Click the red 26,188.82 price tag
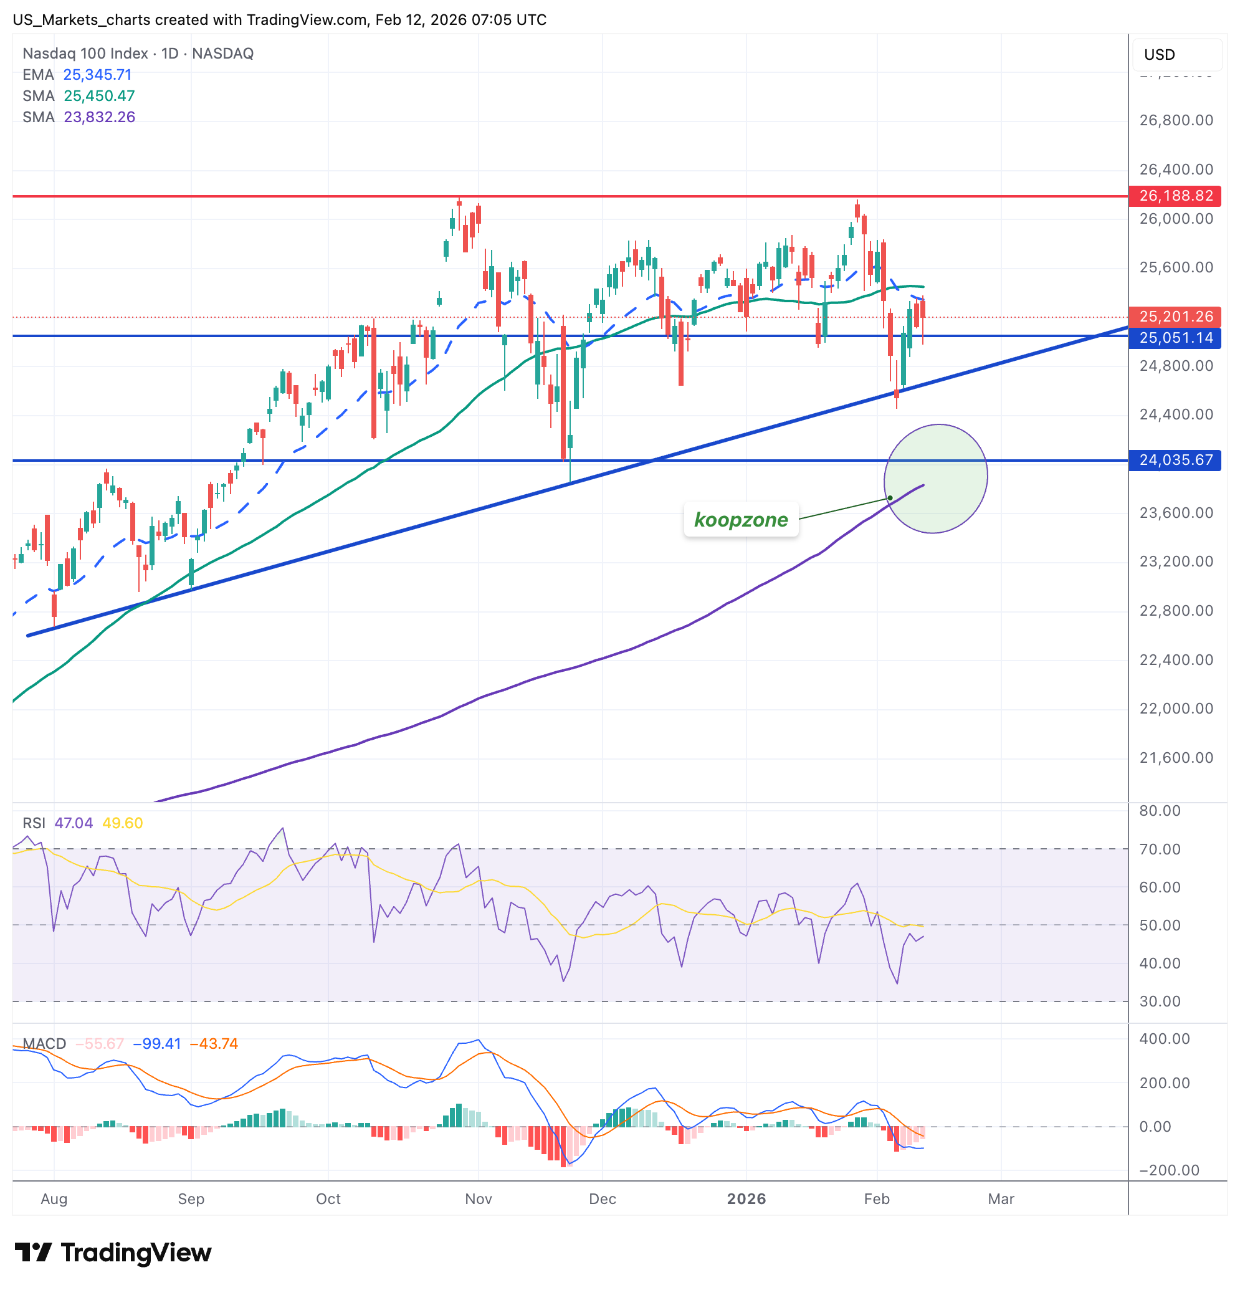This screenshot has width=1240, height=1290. (1175, 196)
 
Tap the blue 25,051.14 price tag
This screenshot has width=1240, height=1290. (1175, 338)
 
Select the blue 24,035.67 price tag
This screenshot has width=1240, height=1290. (1175, 459)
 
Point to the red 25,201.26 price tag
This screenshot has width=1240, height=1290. (1175, 317)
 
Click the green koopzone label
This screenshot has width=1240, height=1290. (740, 519)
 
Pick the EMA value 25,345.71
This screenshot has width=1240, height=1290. (97, 74)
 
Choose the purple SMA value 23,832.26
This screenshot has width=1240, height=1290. (99, 117)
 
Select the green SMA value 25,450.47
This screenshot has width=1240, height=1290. (99, 95)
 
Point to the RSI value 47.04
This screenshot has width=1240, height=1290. (74, 823)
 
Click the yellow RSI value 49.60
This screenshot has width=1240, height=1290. (122, 823)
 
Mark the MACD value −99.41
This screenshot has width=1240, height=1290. (156, 1043)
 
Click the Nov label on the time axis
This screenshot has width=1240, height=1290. (479, 1198)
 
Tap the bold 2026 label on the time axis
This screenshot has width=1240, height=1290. (746, 1198)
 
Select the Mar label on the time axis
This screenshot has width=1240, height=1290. (1001, 1198)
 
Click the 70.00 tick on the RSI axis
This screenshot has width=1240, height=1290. (1160, 849)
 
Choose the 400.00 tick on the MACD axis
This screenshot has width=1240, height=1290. (1165, 1039)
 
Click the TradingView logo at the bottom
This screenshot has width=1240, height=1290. (113, 1253)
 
